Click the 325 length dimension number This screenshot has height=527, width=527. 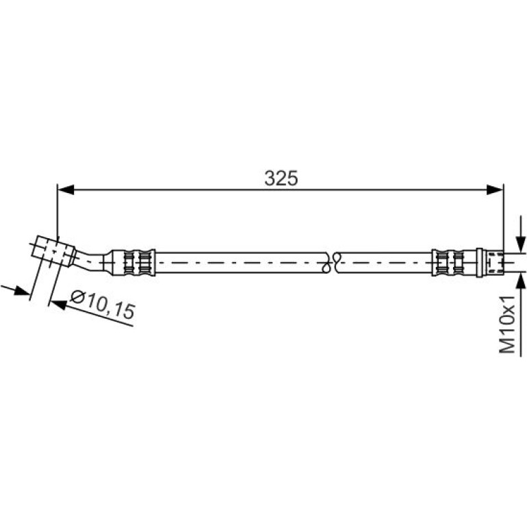coord(281,178)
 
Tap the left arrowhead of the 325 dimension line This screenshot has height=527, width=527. coord(66,190)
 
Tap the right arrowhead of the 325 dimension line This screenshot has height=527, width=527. coord(495,190)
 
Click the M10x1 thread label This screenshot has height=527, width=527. coord(507,324)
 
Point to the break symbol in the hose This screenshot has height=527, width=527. coord(332,262)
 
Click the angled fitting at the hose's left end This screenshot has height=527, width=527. coord(53,250)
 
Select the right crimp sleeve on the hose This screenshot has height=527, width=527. coord(448,263)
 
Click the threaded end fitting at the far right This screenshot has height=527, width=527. coord(493,263)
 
